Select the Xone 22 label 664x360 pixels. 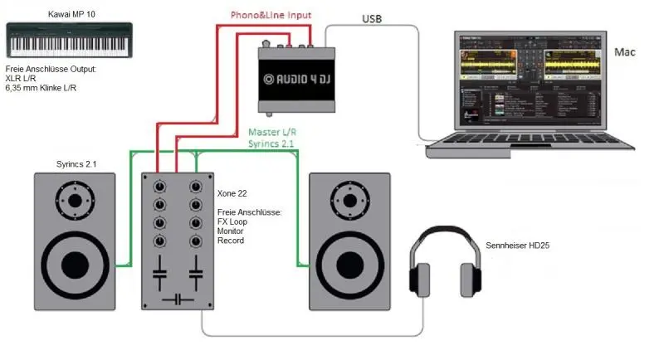[226, 192]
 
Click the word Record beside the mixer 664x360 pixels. [232, 241]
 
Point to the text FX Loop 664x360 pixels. [233, 222]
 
